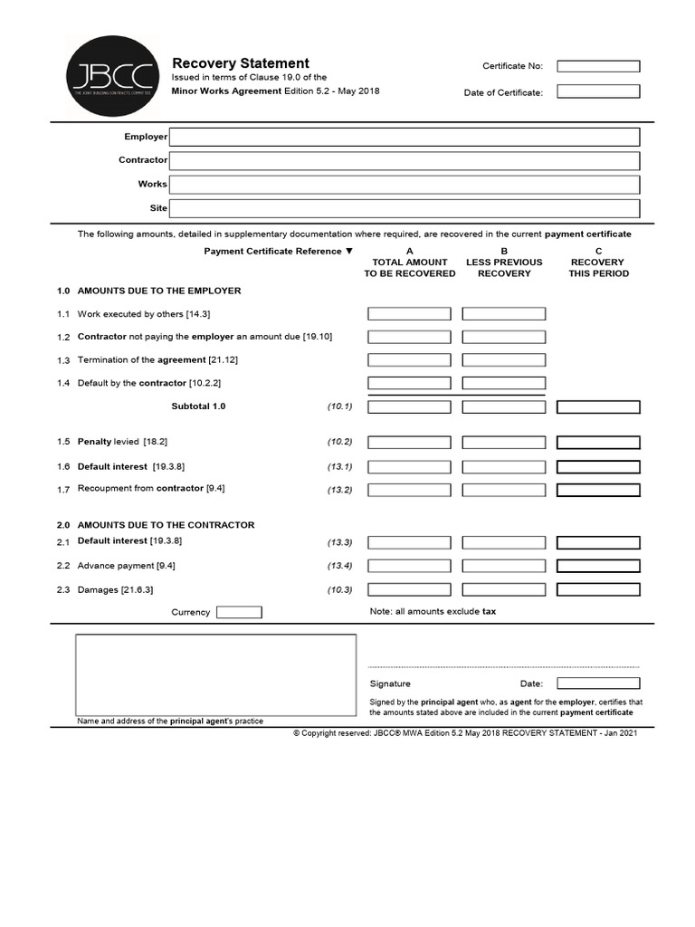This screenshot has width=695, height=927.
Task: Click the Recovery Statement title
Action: pos(241,63)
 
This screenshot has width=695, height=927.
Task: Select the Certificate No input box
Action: pos(597,66)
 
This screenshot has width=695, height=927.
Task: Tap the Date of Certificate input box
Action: pos(597,91)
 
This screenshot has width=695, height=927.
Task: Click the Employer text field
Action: pos(404,137)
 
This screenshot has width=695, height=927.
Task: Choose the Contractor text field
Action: pos(404,160)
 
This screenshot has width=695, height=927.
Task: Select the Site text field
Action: pos(404,208)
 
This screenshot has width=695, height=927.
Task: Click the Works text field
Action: pos(404,185)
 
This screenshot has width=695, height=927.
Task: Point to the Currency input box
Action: pos(239,612)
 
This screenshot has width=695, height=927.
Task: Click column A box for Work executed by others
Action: pos(409,314)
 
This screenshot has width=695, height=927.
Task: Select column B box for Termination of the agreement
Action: pos(504,360)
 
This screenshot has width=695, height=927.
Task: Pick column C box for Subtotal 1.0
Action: pos(598,407)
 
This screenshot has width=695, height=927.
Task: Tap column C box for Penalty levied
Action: pos(598,443)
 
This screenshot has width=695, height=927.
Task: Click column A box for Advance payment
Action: pos(409,566)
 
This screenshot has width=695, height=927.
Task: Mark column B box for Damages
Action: pos(504,590)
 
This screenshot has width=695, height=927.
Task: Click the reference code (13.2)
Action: pos(339,490)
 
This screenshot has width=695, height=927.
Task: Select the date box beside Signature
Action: pos(598,683)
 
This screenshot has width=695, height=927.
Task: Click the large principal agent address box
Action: pos(215,674)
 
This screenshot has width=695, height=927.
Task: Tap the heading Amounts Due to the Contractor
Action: pos(166,525)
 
